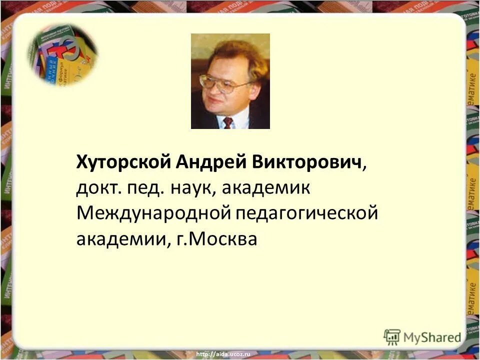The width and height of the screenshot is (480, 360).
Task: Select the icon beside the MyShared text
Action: click(392, 336)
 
